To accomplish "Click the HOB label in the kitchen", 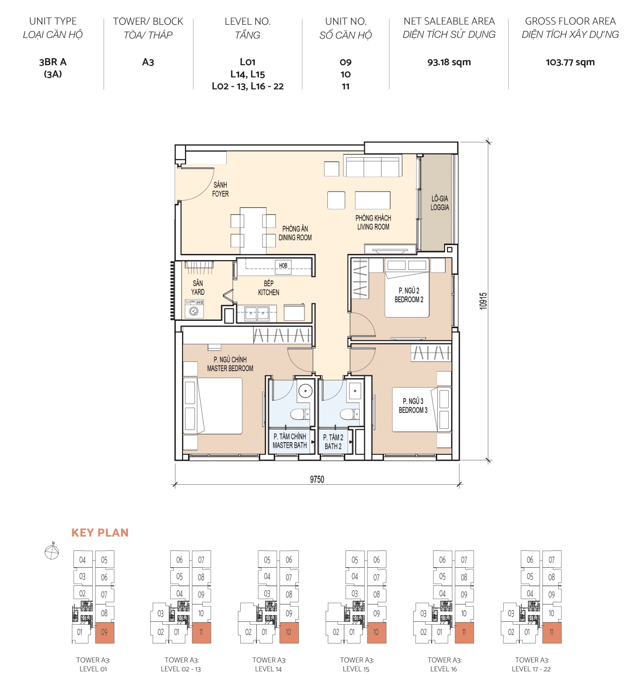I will (283, 265).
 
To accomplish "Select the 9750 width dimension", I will (317, 479).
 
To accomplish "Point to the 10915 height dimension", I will (483, 301).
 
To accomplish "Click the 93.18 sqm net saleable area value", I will (449, 62).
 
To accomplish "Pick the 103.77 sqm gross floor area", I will (570, 62).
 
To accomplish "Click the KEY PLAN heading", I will (100, 533).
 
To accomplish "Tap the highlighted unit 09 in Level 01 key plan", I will (104, 632).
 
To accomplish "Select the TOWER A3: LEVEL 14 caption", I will (269, 664).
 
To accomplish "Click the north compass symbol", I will (52, 552).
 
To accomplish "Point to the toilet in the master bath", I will (298, 414).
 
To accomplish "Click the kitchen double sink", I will (257, 313).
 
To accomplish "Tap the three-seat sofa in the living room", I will (373, 166).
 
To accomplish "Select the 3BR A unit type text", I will (53, 62).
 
